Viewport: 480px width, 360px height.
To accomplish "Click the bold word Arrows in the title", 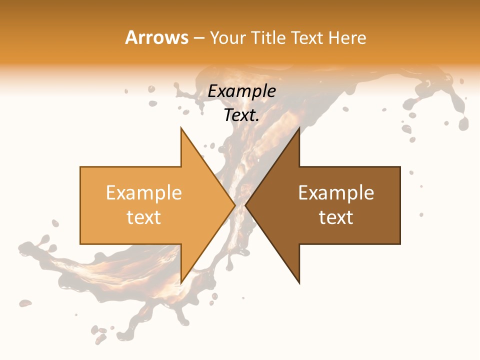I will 157,37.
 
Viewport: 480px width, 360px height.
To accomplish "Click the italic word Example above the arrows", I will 242,91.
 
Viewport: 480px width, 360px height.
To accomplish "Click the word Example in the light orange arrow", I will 144,193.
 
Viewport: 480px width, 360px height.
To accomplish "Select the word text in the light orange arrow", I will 144,217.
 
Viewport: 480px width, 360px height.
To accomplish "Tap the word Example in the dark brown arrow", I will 336,193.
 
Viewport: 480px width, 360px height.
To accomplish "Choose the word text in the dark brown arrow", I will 336,217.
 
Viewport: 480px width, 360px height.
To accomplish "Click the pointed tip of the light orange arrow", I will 235,205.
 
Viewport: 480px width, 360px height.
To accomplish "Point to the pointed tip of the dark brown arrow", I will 245,205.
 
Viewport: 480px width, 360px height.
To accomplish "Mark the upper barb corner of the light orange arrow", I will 181,128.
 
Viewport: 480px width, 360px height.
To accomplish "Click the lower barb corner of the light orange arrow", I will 181,283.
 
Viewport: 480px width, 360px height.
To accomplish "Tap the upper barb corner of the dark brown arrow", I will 299,128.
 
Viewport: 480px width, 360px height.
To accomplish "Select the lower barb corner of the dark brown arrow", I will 299,283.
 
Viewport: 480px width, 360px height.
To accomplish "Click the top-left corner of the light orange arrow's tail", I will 80,167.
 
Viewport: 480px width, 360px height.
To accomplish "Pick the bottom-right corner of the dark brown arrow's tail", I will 400,244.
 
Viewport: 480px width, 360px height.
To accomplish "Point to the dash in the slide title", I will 198,38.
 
